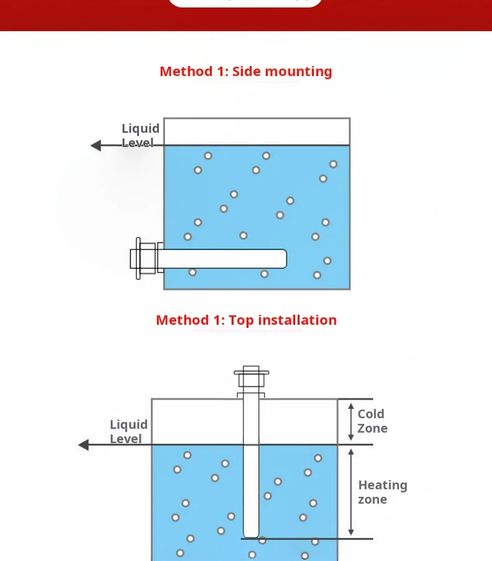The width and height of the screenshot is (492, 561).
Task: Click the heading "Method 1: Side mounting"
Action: [x=246, y=72]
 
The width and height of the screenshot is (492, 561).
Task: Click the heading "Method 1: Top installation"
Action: [x=247, y=320]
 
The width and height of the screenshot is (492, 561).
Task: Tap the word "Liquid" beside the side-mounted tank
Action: [x=141, y=128]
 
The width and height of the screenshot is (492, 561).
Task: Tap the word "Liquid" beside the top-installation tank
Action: [x=129, y=424]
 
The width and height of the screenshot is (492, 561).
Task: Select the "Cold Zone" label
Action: [x=372, y=421]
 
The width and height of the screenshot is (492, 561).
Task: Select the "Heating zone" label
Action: [x=382, y=492]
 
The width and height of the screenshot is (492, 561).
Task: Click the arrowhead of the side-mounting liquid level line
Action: [x=96, y=145]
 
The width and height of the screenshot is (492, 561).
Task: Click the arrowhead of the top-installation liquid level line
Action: [x=83, y=444]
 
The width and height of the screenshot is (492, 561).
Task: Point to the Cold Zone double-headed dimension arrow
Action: [x=351, y=422]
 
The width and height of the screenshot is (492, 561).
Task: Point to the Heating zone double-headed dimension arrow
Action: [x=351, y=492]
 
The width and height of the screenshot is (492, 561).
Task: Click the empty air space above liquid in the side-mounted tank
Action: [x=257, y=132]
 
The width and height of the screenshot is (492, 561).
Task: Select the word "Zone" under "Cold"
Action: [x=372, y=428]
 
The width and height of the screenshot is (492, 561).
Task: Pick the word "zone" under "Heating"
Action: [x=372, y=499]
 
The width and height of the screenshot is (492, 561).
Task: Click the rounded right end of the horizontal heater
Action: [x=285, y=259]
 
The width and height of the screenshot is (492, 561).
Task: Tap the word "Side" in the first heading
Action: [x=247, y=72]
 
